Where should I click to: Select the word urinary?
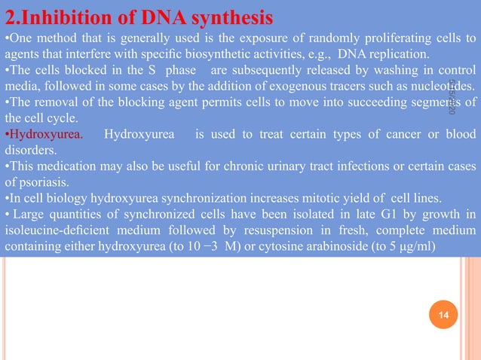[x=265, y=167]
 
